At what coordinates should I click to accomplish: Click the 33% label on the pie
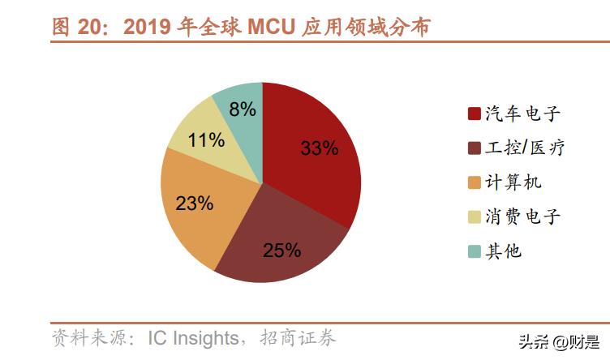pyautogui.click(x=319, y=148)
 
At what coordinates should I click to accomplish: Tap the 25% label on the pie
pyautogui.click(x=281, y=250)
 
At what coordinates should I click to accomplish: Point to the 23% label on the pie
pyautogui.click(x=194, y=204)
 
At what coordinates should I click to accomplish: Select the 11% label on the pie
pyautogui.click(x=206, y=139)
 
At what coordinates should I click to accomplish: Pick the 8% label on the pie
pyautogui.click(x=243, y=109)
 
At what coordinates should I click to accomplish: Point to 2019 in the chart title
pyautogui.click(x=149, y=27)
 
